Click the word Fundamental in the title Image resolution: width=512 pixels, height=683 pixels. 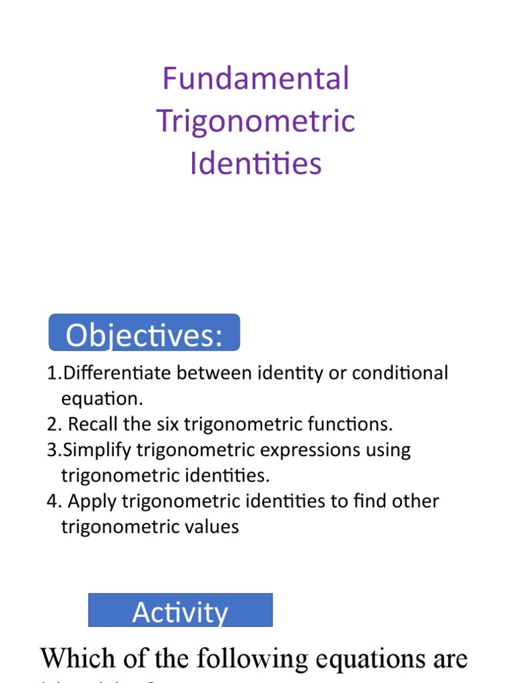pyautogui.click(x=256, y=79)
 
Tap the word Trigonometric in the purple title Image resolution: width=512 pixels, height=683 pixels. pyautogui.click(x=256, y=121)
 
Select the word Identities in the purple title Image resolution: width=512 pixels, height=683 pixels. pyautogui.click(x=256, y=163)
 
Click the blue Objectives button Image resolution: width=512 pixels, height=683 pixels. pyautogui.click(x=144, y=333)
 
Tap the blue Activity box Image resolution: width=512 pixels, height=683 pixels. pyautogui.click(x=180, y=610)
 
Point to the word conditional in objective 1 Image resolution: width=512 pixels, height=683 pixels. pyautogui.click(x=397, y=373)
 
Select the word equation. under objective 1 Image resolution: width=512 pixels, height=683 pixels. pyautogui.click(x=102, y=399)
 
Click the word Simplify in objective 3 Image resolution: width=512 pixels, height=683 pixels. pyautogui.click(x=96, y=450)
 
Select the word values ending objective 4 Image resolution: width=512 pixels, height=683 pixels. pyautogui.click(x=212, y=527)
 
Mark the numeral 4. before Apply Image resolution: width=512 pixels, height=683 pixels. pyautogui.click(x=53, y=502)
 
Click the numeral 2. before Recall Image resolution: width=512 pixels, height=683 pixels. pyautogui.click(x=53, y=424)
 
